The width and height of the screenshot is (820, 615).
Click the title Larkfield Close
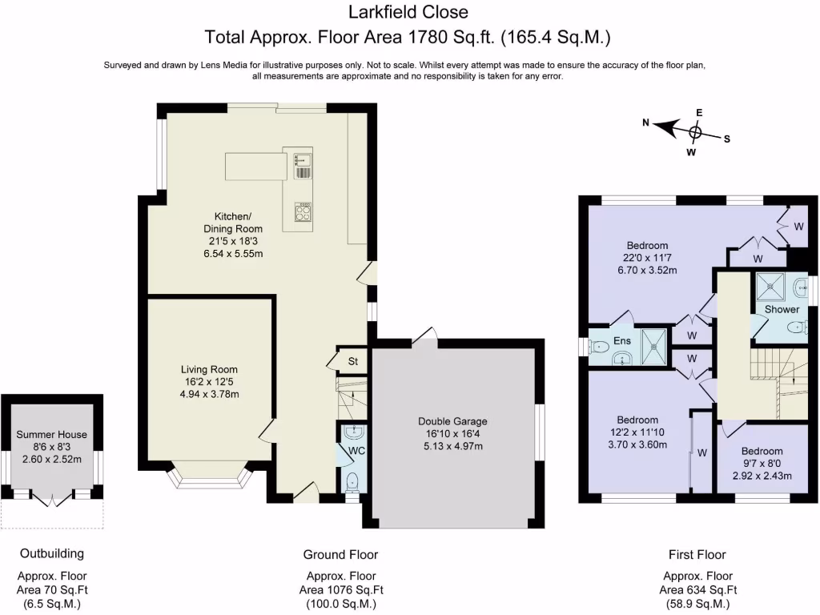408,12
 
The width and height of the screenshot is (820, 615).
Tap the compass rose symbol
696,131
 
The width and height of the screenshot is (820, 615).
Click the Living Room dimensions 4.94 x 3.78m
210,394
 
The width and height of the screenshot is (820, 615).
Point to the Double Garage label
452,421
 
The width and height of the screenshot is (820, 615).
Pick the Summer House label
51,435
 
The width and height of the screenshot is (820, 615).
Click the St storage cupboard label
352,361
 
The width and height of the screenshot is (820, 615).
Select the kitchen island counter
255,167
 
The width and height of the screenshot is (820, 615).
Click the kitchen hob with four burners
303,214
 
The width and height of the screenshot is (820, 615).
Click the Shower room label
782,309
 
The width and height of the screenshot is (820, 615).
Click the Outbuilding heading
52,553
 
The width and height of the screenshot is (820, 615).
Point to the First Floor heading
697,554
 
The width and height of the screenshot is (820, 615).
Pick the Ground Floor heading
340,554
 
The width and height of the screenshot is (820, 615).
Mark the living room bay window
210,478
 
